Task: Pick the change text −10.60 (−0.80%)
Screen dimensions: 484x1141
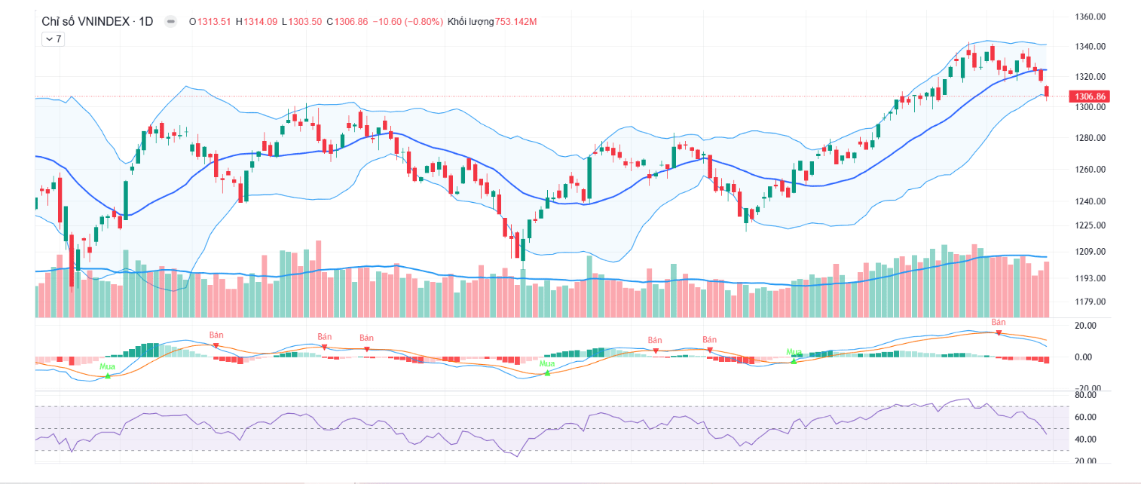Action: (x=408, y=21)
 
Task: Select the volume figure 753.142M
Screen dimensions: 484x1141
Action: (x=516, y=21)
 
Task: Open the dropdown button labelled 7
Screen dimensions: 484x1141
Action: (x=53, y=39)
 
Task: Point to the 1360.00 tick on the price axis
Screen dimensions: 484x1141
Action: (x=1091, y=17)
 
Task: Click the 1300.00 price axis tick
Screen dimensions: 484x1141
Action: (x=1091, y=108)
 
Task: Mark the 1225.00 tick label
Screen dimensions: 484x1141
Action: (x=1091, y=225)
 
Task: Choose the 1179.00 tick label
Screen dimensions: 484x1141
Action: (x=1091, y=302)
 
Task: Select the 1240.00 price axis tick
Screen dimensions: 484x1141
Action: (x=1091, y=201)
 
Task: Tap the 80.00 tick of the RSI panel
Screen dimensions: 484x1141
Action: (x=1085, y=394)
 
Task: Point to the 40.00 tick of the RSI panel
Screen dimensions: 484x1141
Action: (x=1085, y=440)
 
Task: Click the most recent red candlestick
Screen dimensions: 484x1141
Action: (x=1047, y=91)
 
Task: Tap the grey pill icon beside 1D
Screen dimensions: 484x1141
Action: (x=171, y=22)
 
